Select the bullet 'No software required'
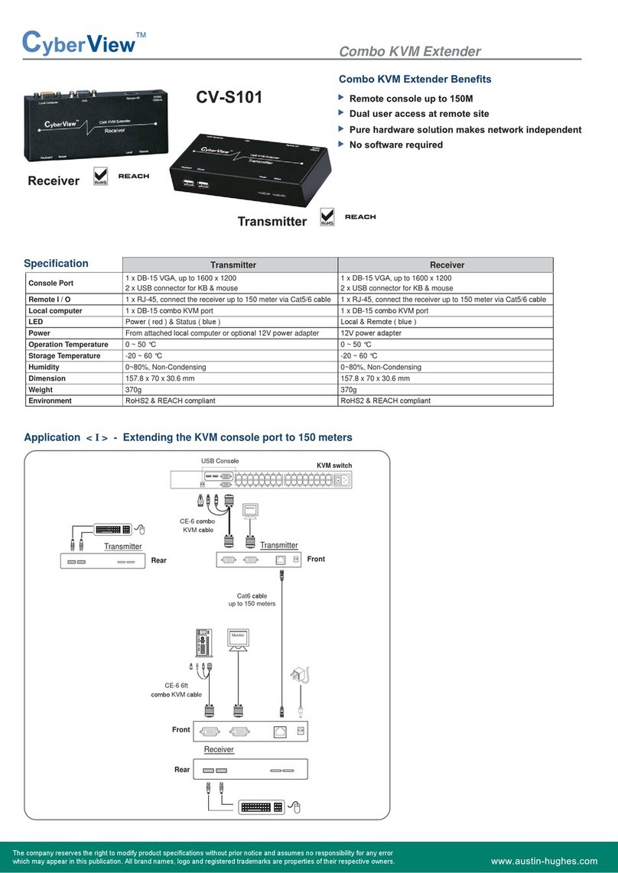pyautogui.click(x=396, y=144)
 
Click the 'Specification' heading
pyautogui.click(x=56, y=264)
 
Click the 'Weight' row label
pyautogui.click(x=42, y=389)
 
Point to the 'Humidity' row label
pyautogui.click(x=45, y=367)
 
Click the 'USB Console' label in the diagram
pyautogui.click(x=220, y=461)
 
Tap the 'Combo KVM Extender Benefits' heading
pyautogui.click(x=415, y=80)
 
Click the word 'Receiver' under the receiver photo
pyautogui.click(x=54, y=181)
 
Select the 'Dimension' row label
pyautogui.click(x=47, y=378)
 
